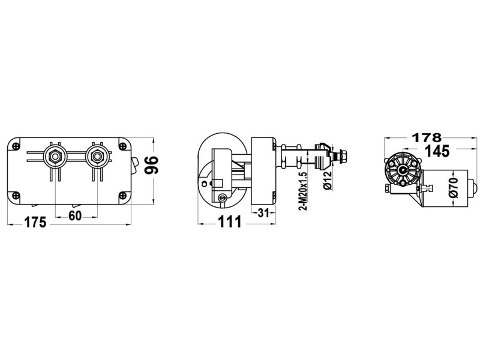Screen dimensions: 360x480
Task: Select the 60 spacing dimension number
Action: [x=75, y=217]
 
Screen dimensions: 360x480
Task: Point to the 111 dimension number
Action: [x=228, y=222]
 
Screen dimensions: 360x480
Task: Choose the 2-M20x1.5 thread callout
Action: [x=304, y=189]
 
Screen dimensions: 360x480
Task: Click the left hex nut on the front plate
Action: [x=55, y=158]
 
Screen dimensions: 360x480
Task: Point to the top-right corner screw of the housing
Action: [x=123, y=146]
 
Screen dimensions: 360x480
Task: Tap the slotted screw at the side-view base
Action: [x=223, y=198]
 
